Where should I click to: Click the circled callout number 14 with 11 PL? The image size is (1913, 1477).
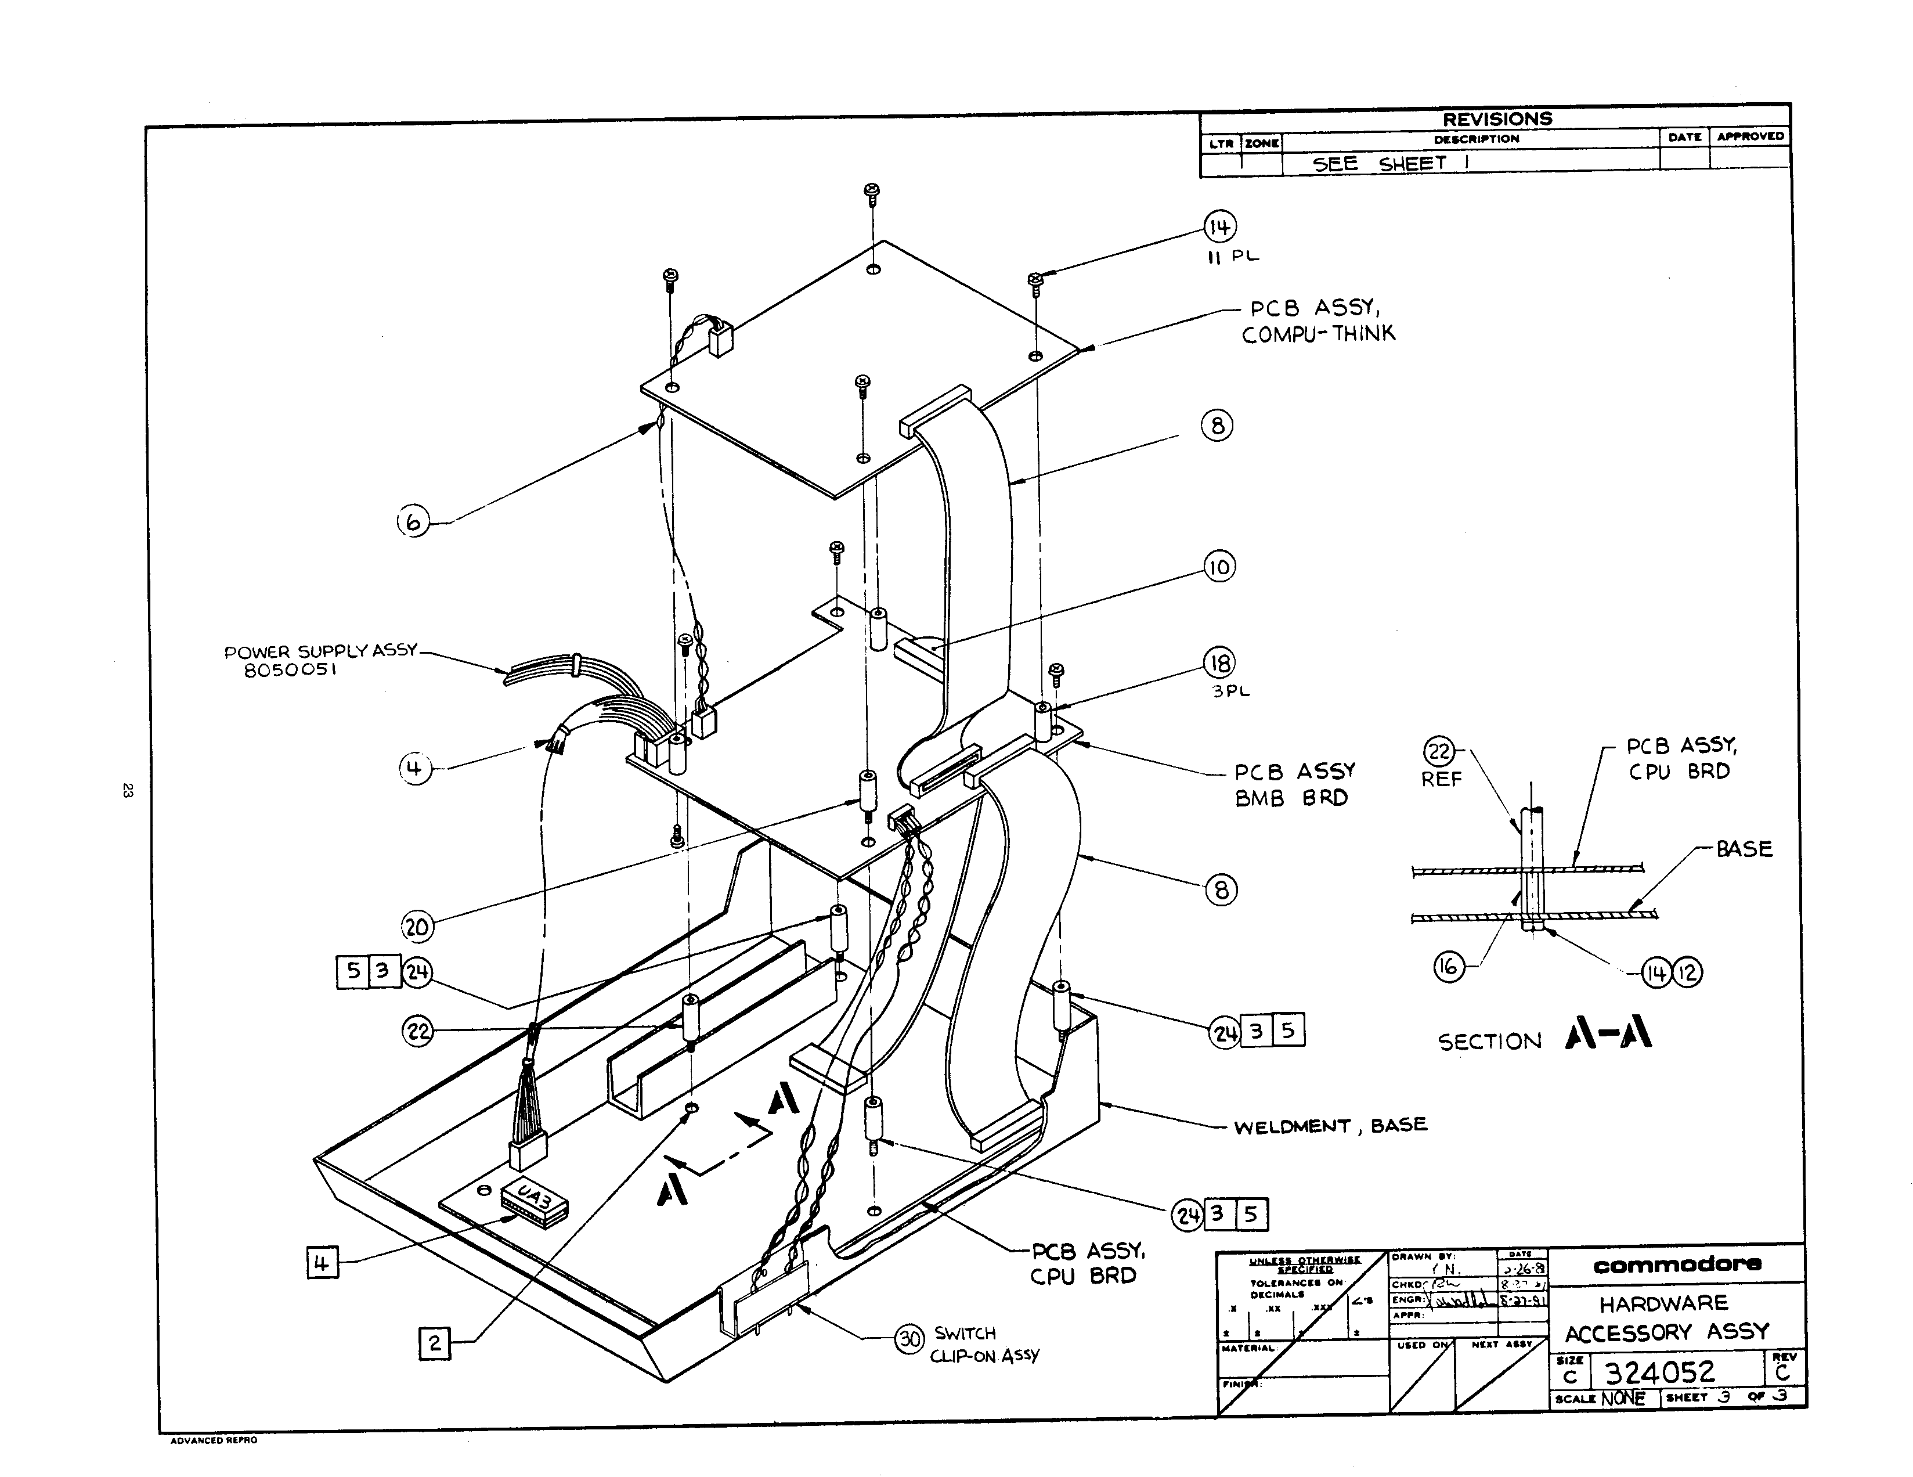[1219, 228]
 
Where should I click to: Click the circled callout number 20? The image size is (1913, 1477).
[417, 927]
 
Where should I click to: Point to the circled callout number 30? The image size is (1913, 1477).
[910, 1339]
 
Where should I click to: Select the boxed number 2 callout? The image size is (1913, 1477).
[435, 1343]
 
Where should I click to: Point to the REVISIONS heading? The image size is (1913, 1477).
[1497, 119]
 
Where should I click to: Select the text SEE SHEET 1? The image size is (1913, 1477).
[1390, 164]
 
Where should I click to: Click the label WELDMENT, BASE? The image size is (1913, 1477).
[1330, 1126]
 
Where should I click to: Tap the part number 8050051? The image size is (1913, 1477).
[291, 670]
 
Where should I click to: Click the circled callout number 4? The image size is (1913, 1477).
[415, 769]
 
